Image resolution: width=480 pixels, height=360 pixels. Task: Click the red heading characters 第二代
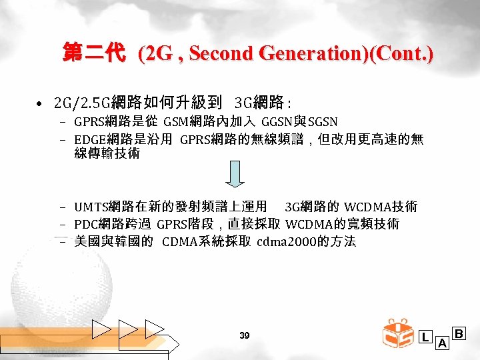click(93, 53)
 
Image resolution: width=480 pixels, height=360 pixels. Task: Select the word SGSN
click(322, 121)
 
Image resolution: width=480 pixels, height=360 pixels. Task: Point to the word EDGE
click(89, 139)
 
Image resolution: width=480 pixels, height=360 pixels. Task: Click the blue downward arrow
click(234, 175)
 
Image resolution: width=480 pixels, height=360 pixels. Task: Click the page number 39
click(244, 336)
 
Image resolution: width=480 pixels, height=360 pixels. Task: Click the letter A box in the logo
click(441, 343)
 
